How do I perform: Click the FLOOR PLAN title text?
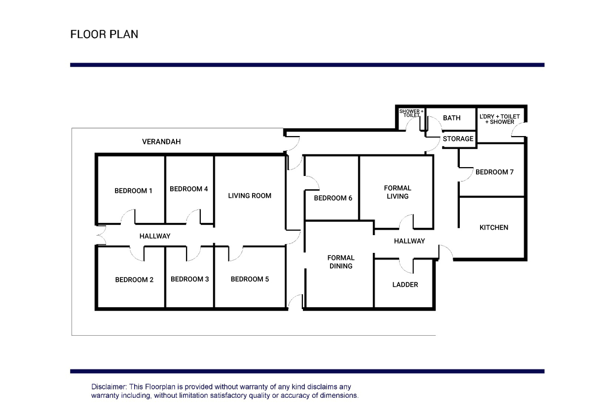coord(104,35)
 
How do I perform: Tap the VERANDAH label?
coord(161,141)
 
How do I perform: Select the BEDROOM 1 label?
coord(133,191)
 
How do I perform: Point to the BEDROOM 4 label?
coord(188,189)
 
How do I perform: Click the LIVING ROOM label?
coord(250,196)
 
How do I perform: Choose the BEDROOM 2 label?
coord(134,279)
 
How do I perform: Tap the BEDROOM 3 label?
coord(189,279)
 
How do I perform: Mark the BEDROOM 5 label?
coord(250,279)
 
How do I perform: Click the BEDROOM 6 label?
coord(333,198)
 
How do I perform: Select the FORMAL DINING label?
coord(341,262)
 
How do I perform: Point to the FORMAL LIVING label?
coord(397,192)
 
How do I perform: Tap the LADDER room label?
coord(405,284)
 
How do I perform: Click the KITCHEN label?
coord(493,227)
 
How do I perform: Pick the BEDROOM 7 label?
coord(494,172)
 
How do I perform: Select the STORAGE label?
coord(458,139)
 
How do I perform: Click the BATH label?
coord(451,118)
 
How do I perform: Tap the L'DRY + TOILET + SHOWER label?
coord(499,119)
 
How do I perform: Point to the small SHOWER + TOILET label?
coord(410,113)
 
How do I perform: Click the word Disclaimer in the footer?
coord(109,387)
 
